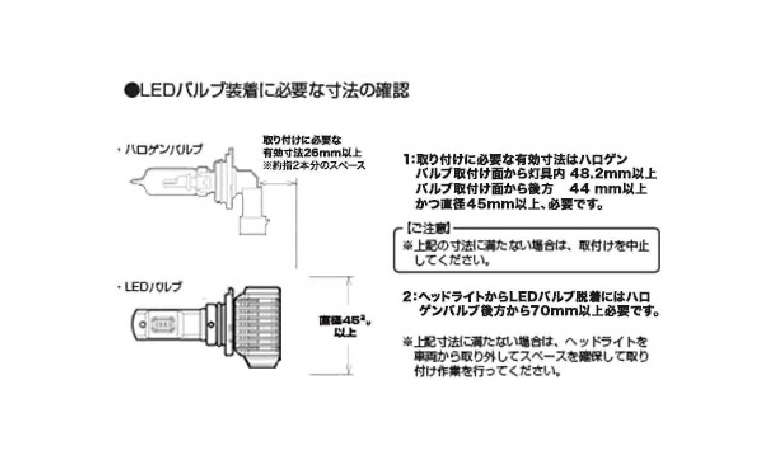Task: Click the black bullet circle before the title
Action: [x=129, y=92]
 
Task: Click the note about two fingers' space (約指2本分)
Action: [x=314, y=166]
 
